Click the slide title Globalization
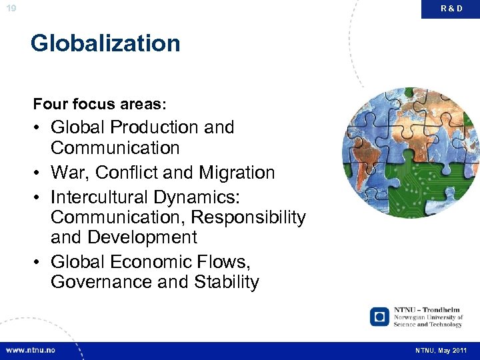pos(105,43)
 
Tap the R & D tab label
pos(451,9)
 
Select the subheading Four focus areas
pos(100,105)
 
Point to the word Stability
pos(227,282)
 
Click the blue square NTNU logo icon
pos(380,316)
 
